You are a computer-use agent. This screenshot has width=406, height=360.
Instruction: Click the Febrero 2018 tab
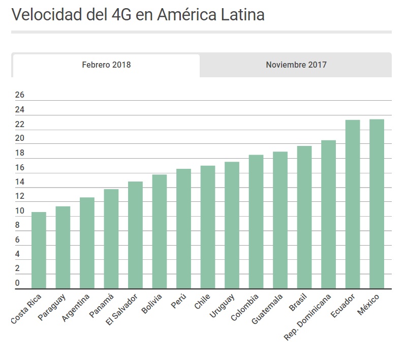[106, 65]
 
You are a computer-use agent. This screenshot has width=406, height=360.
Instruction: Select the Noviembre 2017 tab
[296, 65]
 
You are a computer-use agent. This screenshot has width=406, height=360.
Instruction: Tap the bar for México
[377, 203]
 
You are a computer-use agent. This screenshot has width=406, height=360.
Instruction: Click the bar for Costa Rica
[39, 250]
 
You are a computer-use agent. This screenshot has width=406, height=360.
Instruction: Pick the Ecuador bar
[353, 204]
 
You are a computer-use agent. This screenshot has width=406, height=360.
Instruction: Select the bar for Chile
[208, 227]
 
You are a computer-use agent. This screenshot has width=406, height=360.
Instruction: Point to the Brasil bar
[304, 217]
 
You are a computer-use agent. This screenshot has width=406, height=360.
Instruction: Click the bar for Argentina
[87, 243]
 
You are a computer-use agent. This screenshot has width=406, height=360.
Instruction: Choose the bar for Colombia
[256, 221]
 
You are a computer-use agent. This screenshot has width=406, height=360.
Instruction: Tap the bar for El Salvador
[135, 235]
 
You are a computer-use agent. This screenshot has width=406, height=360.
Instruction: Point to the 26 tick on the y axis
[20, 95]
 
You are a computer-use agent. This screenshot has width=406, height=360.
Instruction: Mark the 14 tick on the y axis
[20, 182]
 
